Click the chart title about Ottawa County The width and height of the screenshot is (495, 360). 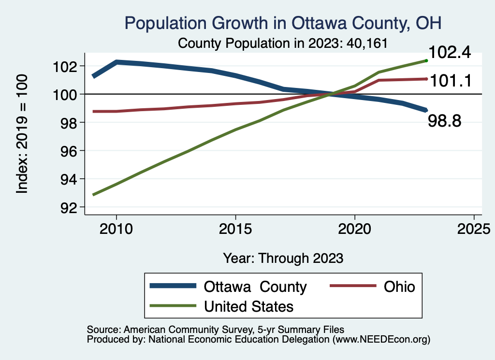[x=283, y=23]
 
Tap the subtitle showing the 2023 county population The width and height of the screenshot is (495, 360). [x=283, y=43]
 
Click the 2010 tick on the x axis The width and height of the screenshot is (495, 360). [x=116, y=229]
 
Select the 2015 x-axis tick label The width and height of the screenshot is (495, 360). [x=235, y=229]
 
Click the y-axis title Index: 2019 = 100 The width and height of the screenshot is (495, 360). [x=22, y=134]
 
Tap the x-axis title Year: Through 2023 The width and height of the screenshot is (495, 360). [x=283, y=258]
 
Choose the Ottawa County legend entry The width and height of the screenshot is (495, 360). [x=255, y=287]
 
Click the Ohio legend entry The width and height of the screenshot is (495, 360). [x=399, y=287]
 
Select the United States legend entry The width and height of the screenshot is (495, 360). [x=248, y=306]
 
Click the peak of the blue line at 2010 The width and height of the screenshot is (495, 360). [x=116, y=62]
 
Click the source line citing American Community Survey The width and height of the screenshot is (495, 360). [x=216, y=329]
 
